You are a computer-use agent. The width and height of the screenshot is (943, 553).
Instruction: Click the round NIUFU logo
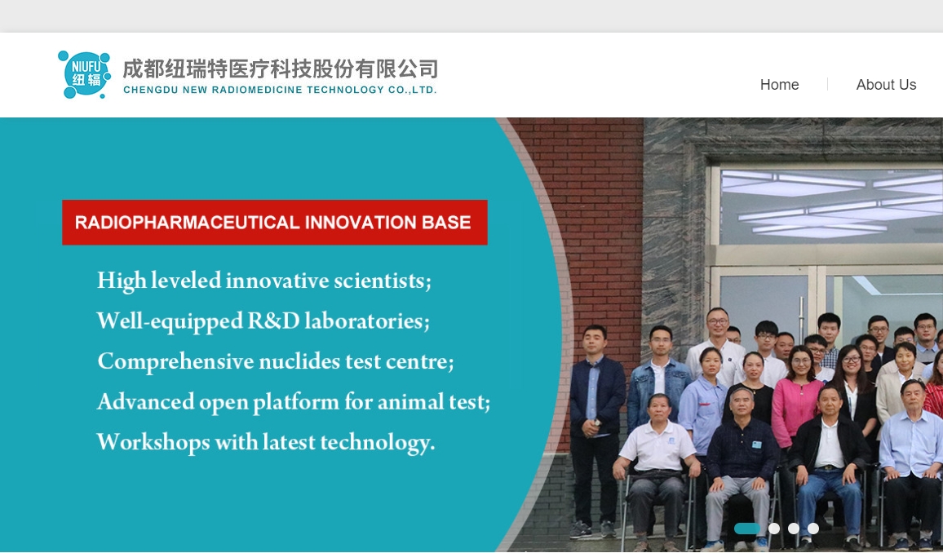84,74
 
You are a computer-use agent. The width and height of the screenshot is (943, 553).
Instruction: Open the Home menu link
779,85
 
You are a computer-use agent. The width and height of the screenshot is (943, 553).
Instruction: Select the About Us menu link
886,85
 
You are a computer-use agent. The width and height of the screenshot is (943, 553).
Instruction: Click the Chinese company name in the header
281,69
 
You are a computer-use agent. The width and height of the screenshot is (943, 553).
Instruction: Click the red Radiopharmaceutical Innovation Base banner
275,223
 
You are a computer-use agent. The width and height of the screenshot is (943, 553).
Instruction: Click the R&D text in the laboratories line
273,321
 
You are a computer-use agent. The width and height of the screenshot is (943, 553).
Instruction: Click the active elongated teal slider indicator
747,529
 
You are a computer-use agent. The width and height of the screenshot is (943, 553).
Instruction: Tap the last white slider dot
813,529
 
